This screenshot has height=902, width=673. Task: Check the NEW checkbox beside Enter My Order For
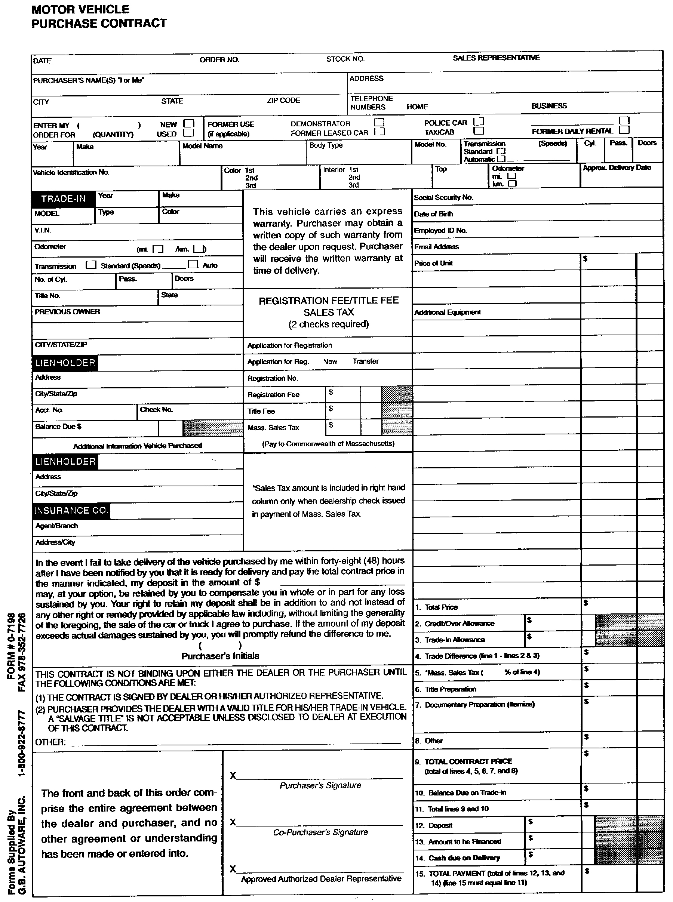(x=188, y=123)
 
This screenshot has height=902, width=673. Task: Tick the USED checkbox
(x=188, y=133)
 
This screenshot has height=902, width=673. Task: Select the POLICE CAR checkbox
(x=479, y=121)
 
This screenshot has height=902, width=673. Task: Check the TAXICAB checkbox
(x=479, y=131)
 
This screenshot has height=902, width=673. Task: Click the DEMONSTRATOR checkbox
(x=379, y=122)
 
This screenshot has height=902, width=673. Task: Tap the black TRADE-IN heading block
(x=63, y=199)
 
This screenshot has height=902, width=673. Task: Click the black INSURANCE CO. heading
(x=71, y=511)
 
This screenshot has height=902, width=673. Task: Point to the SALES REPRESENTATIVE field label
(x=496, y=58)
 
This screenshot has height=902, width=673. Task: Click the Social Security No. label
(x=443, y=197)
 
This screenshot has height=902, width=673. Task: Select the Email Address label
(x=436, y=247)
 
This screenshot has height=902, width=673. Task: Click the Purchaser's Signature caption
(x=320, y=785)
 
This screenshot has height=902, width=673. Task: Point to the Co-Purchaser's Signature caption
(x=320, y=832)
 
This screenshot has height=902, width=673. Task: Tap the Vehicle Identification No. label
(x=71, y=173)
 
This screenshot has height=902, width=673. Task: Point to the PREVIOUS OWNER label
(x=67, y=311)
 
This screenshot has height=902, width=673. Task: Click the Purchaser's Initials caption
(x=220, y=656)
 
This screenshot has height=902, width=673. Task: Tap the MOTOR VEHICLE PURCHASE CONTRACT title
(x=99, y=16)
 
